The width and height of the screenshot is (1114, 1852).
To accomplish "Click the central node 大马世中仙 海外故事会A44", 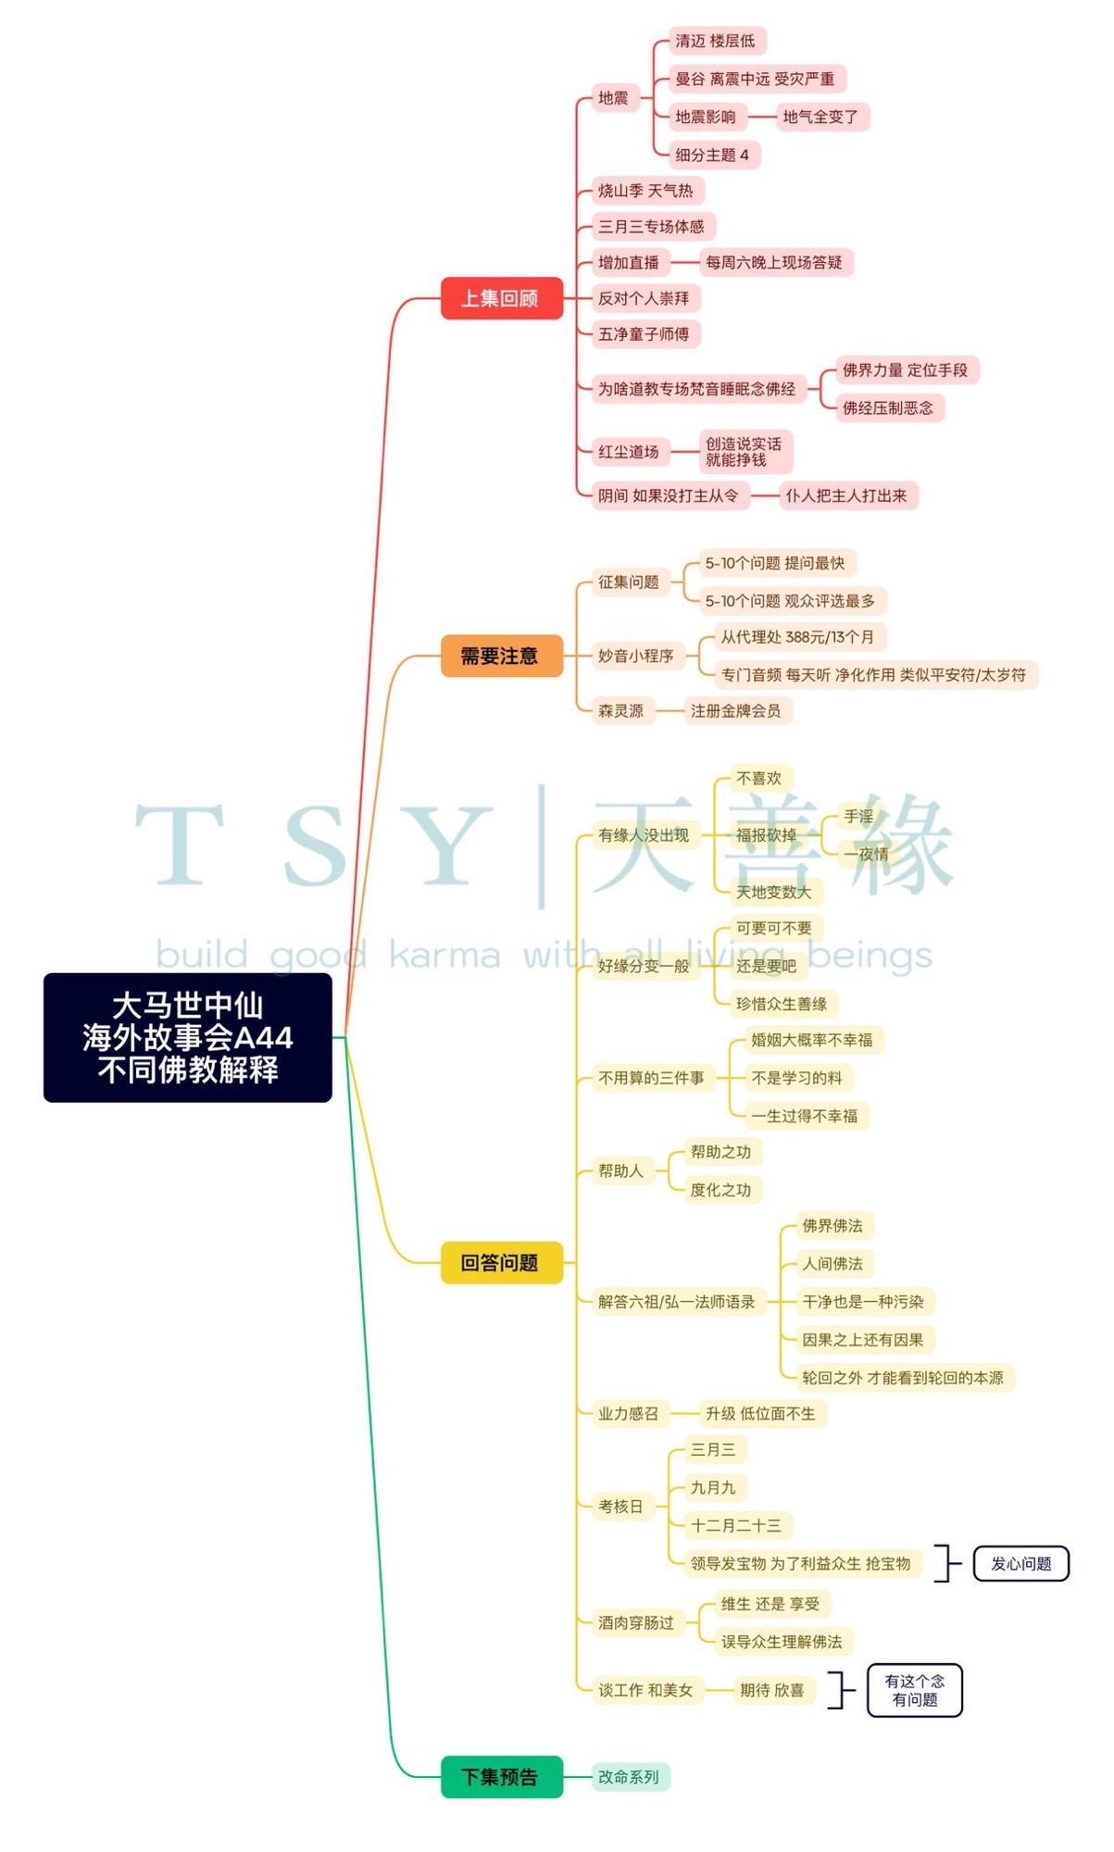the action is (187, 1037).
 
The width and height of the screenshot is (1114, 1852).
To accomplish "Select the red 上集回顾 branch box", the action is (501, 298).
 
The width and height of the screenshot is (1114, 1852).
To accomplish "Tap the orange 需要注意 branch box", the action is (501, 656).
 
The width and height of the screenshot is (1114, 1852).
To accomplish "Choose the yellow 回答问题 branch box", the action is (501, 1262).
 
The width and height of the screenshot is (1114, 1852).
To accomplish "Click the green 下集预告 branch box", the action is (501, 1776).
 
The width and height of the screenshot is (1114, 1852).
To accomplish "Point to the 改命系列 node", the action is (630, 1776).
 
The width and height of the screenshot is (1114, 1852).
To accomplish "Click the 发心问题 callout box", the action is (1020, 1563).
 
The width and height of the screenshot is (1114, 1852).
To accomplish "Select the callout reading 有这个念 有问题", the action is (914, 1690).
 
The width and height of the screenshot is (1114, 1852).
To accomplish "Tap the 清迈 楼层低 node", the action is (715, 41).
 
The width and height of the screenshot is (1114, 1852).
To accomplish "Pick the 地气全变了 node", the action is (820, 117).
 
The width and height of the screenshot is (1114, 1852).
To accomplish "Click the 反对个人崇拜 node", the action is (645, 298).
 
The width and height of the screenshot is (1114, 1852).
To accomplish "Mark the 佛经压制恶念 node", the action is (888, 407).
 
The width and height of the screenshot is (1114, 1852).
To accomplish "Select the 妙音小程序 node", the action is (637, 656).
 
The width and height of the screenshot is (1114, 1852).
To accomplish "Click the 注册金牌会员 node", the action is (736, 710).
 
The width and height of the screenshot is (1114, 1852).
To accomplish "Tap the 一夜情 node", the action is (867, 854).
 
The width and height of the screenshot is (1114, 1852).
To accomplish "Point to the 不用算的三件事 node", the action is (652, 1078).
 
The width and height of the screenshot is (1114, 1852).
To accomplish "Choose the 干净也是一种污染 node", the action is (864, 1301).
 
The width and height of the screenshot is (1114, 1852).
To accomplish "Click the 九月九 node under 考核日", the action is (714, 1487).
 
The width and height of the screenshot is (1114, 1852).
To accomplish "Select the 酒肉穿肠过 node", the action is (637, 1622).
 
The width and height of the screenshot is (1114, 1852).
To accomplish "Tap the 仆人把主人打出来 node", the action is (847, 495).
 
